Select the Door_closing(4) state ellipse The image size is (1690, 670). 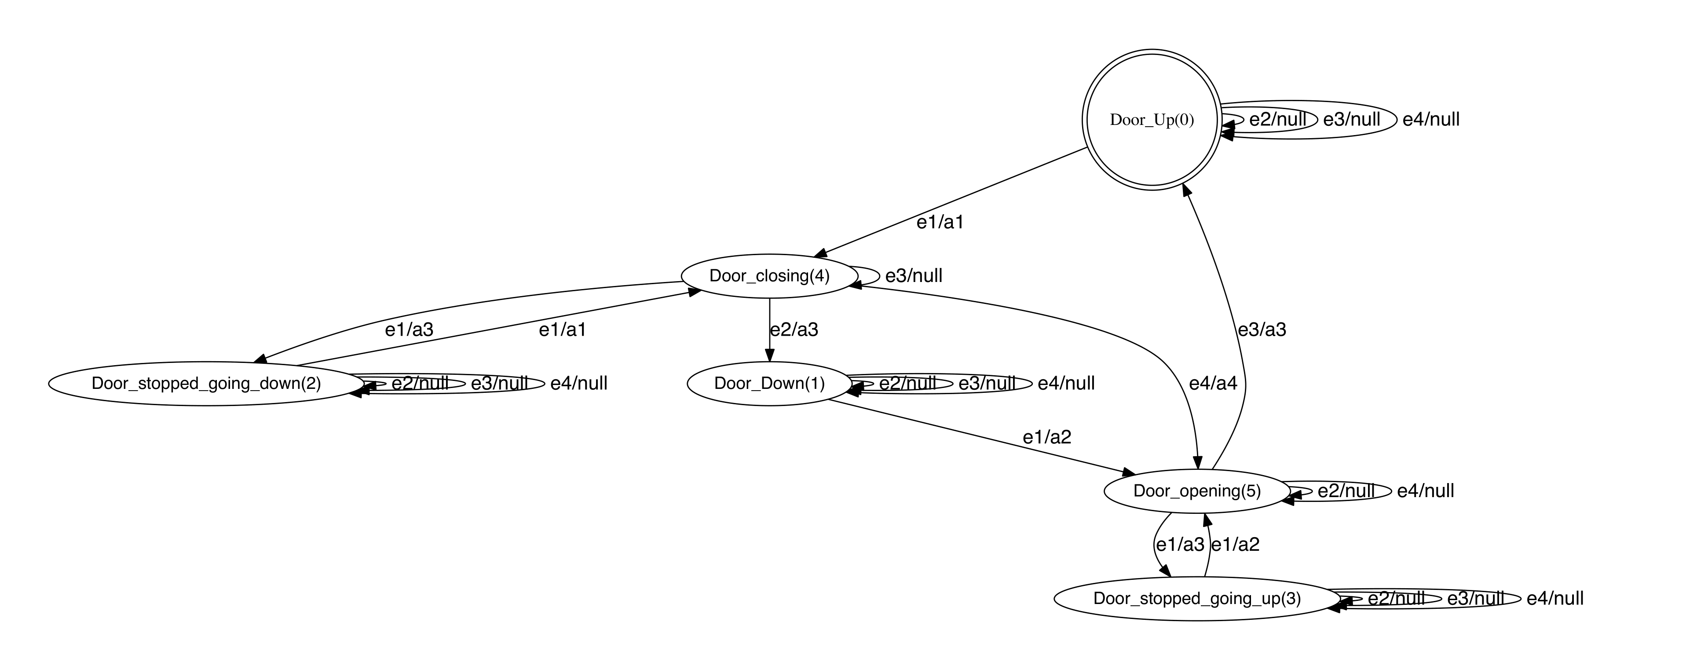(x=769, y=276)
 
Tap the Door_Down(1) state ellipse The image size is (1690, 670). (x=769, y=383)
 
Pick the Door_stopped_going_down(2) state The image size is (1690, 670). (x=206, y=383)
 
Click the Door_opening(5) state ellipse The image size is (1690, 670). (x=1196, y=491)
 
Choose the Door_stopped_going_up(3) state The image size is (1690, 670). (x=1196, y=598)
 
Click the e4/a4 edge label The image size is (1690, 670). (x=1212, y=383)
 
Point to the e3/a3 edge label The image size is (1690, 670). (x=1262, y=330)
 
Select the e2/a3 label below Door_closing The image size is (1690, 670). (x=794, y=330)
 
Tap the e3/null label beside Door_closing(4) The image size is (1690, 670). (x=913, y=276)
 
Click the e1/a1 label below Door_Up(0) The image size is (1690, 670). (x=940, y=223)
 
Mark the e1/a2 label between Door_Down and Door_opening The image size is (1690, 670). (x=1046, y=437)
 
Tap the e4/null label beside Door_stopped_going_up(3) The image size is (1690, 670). (x=1555, y=598)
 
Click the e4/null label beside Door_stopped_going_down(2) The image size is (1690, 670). (x=578, y=383)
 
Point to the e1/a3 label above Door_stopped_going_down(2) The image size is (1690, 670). (x=409, y=330)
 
